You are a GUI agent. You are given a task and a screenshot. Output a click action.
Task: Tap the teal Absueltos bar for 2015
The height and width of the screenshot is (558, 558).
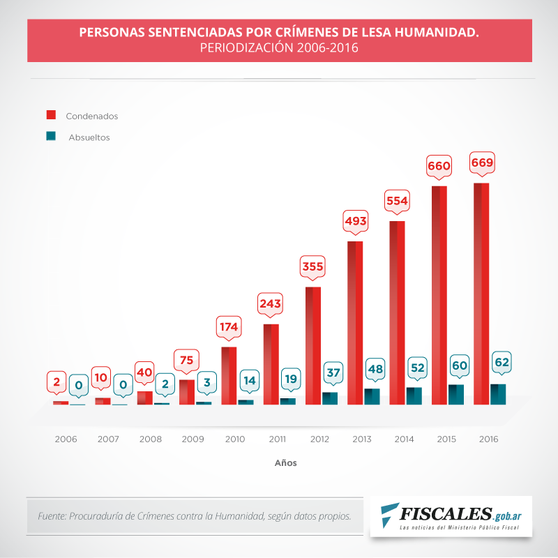pos(456,394)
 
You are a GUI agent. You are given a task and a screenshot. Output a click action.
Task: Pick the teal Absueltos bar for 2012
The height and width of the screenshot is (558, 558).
pos(330,398)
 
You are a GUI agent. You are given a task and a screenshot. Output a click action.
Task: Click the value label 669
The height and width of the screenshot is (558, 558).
pos(482,164)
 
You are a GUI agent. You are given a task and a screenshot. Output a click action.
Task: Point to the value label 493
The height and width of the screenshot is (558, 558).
pos(355,222)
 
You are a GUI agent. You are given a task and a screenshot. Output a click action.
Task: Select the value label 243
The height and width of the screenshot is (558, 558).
pos(271,305)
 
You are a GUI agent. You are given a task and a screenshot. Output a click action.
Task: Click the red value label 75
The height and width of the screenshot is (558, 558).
pos(186,360)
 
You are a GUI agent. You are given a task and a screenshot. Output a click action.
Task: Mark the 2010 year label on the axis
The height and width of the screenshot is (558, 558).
pos(234,439)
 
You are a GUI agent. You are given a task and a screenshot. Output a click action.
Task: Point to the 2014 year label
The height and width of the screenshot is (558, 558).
pos(404,439)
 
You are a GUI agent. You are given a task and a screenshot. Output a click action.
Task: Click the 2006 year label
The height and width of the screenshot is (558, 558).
pos(66,439)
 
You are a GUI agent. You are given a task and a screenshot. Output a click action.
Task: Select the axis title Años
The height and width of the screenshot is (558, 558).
pos(285,462)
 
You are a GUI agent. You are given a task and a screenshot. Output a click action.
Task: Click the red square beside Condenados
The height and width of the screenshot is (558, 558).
pos(51,114)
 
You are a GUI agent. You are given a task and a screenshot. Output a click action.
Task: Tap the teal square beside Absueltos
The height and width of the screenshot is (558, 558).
pos(51,136)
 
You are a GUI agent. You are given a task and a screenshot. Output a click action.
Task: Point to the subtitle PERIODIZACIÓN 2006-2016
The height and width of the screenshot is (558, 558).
pos(279,48)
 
